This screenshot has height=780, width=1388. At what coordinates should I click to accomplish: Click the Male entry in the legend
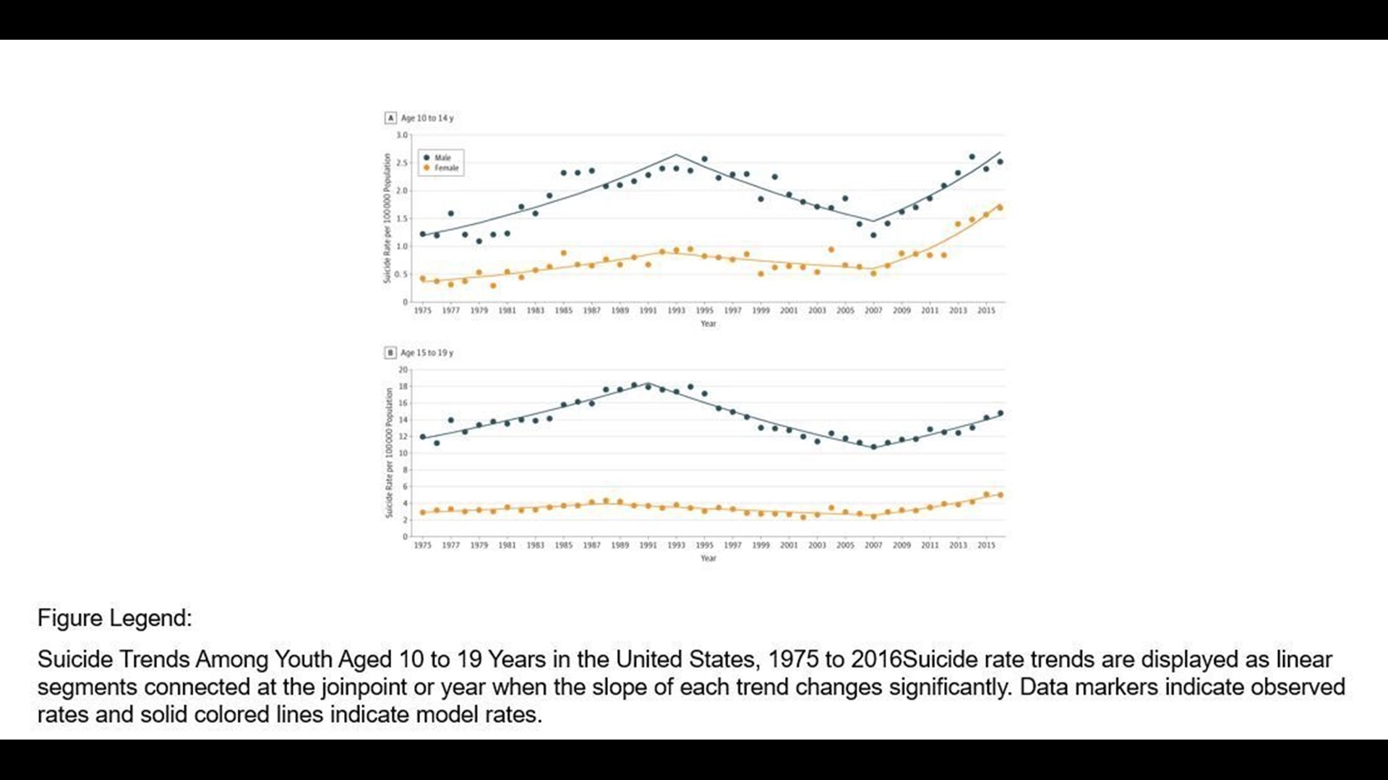point(441,157)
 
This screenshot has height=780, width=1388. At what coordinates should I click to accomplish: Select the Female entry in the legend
point(445,168)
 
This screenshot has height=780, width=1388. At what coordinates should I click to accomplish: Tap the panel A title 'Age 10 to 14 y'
point(427,118)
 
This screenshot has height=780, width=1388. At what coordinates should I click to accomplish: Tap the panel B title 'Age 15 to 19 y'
point(427,352)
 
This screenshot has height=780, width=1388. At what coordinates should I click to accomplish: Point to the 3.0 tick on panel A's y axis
point(402,135)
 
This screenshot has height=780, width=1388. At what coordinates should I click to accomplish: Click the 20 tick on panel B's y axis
point(403,370)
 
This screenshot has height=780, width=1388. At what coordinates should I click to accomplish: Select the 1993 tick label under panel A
point(676,311)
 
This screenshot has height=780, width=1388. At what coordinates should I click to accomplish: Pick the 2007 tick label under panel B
point(873,545)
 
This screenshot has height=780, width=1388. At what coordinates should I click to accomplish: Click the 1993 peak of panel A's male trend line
point(676,155)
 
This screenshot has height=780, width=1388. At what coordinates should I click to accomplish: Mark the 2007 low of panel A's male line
point(873,221)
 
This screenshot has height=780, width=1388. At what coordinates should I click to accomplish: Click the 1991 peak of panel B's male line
point(648,383)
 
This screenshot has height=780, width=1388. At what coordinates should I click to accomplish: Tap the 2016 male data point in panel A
point(1000,162)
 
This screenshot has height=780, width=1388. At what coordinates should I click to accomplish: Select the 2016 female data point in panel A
point(1000,208)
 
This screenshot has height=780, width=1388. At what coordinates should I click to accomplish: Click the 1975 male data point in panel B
point(423,437)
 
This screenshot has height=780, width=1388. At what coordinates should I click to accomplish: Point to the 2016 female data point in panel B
point(1001,495)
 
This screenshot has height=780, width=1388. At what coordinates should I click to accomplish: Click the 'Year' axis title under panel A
point(708,324)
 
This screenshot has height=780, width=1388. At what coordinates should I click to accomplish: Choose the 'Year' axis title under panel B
point(708,558)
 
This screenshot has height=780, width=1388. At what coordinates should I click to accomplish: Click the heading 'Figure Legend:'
point(114,618)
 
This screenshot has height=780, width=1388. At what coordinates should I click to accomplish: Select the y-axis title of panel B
point(389,453)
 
